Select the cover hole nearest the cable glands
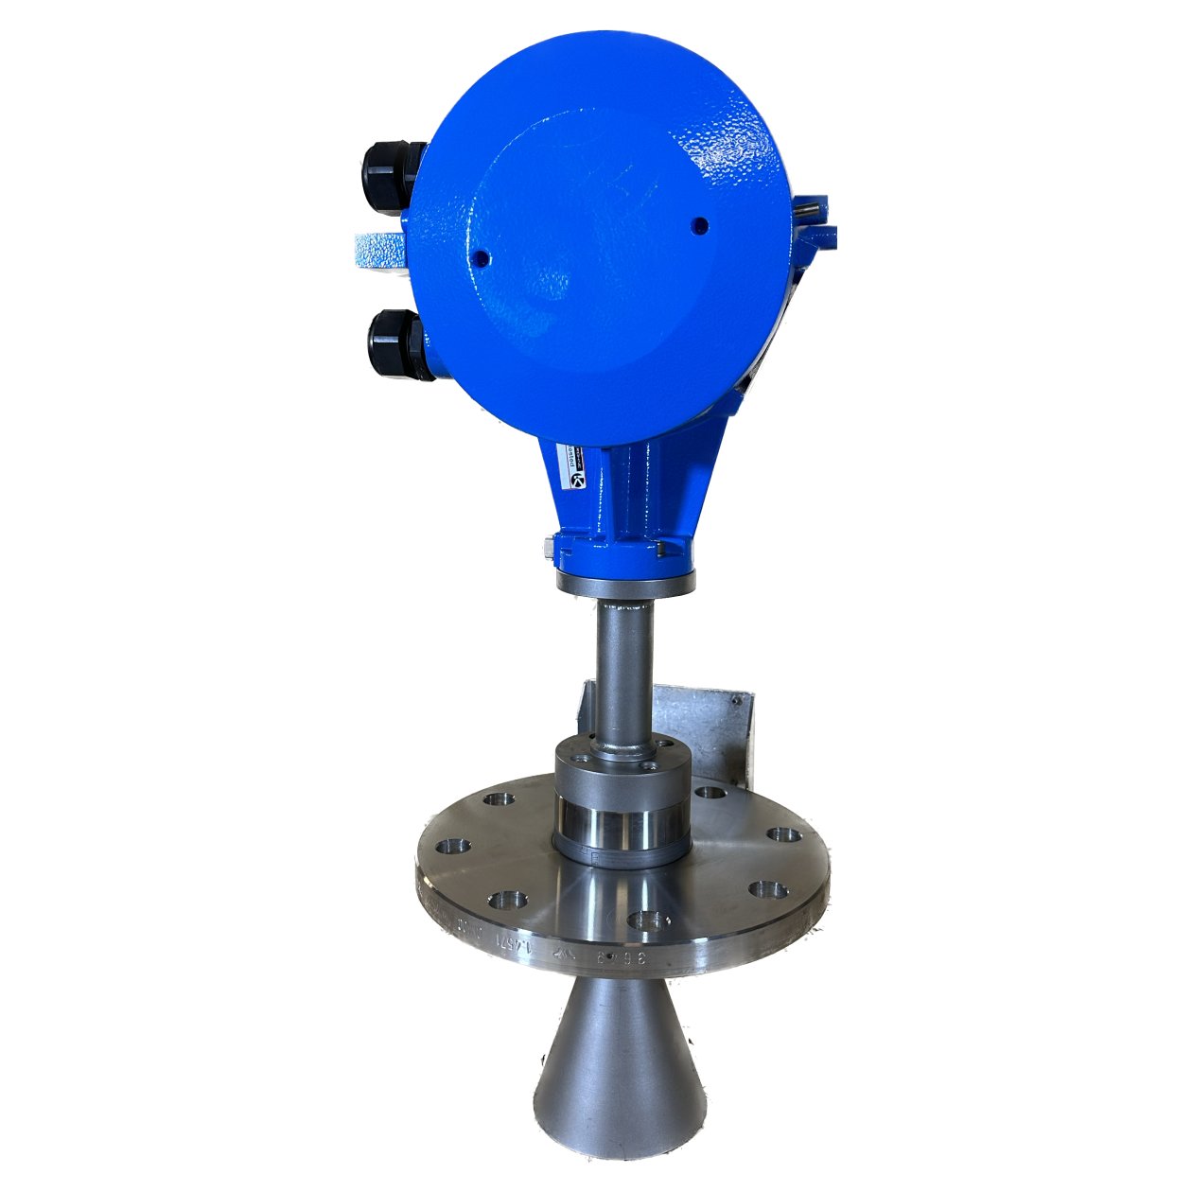point(480,256)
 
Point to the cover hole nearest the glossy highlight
point(699,224)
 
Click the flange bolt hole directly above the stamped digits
point(649,920)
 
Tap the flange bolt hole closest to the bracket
point(709,793)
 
